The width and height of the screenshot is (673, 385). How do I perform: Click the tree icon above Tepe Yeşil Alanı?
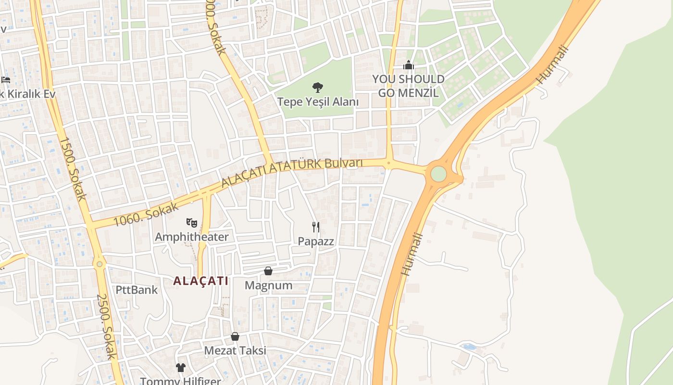click(x=317, y=88)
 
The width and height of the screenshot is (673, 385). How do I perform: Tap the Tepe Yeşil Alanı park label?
click(x=318, y=102)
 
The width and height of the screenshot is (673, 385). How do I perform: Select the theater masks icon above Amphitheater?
click(x=192, y=222)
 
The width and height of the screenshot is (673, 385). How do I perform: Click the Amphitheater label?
click(x=192, y=237)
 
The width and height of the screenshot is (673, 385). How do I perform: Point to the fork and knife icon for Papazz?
click(x=316, y=227)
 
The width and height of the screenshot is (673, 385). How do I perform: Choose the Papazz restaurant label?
click(x=316, y=241)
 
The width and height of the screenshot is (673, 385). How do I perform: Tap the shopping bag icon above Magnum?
click(x=268, y=271)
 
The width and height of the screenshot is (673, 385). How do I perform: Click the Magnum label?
click(x=268, y=285)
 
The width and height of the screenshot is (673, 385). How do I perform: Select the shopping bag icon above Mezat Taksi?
click(x=235, y=336)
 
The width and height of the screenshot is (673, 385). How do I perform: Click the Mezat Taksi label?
click(x=235, y=350)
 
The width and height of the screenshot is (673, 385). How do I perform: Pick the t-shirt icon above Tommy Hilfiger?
click(x=180, y=368)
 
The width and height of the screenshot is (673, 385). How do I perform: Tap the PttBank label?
click(x=137, y=290)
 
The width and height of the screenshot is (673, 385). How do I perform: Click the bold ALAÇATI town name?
click(x=201, y=281)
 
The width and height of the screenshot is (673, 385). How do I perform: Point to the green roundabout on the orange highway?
click(x=438, y=174)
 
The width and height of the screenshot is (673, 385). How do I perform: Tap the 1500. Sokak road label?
click(x=72, y=168)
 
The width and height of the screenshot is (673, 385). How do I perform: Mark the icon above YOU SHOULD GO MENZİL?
click(x=408, y=65)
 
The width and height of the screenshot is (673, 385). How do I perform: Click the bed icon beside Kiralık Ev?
click(x=6, y=79)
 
